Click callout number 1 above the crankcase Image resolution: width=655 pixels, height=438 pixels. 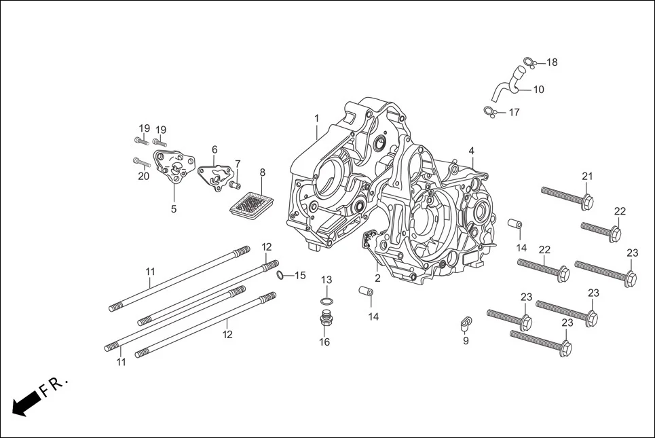(316, 118)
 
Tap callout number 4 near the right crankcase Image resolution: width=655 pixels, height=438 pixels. (471, 151)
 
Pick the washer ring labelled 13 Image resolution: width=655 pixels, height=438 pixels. (326, 301)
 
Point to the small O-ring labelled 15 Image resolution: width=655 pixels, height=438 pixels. (280, 274)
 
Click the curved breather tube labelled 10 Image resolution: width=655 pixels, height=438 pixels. (506, 88)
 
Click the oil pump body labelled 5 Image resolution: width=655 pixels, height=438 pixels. (173, 168)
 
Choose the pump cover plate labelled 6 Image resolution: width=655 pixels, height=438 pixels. (213, 173)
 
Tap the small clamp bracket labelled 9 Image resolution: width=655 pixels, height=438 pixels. (465, 321)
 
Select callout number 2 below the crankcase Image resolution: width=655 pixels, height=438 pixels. (377, 278)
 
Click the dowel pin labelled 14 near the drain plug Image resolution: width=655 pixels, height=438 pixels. (367, 292)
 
